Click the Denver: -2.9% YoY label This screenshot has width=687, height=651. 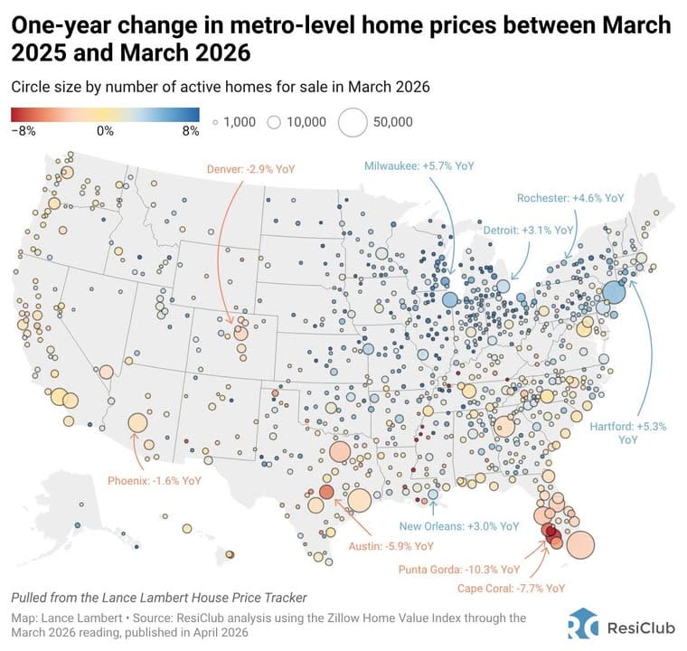click(249, 168)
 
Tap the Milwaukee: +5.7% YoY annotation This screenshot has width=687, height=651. click(419, 166)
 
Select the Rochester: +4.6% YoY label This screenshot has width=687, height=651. click(570, 197)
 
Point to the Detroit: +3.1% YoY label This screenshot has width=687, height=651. click(534, 231)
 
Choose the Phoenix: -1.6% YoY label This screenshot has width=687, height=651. click(154, 481)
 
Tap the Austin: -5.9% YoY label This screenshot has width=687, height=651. click(391, 546)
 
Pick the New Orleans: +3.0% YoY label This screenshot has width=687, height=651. click(460, 525)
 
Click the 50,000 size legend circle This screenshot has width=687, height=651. click(352, 121)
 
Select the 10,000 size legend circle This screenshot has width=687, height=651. click(275, 121)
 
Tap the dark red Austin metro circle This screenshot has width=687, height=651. click(326, 492)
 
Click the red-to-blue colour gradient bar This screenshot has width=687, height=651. click(106, 114)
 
